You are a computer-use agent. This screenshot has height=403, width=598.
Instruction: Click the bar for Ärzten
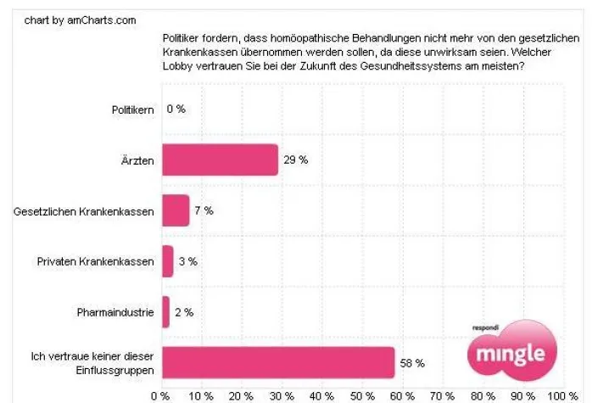(x=220, y=160)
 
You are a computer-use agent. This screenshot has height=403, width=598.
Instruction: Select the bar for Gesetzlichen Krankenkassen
(x=176, y=210)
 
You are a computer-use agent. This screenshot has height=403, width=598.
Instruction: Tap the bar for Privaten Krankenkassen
(x=167, y=261)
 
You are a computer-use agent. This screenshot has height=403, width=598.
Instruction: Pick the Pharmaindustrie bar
(x=165, y=311)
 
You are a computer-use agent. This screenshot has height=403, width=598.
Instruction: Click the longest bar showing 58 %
(x=277, y=362)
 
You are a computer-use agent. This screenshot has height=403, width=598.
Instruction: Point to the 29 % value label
(x=294, y=160)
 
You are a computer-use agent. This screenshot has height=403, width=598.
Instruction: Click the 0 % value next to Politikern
(x=176, y=109)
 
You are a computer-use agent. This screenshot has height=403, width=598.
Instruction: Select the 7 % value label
(x=204, y=210)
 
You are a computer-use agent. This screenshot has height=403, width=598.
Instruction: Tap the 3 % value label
(x=187, y=261)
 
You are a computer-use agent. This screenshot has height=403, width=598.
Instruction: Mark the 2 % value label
(x=183, y=312)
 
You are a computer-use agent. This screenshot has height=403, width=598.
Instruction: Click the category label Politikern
(x=133, y=109)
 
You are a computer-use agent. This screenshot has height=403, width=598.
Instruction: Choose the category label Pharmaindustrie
(x=115, y=312)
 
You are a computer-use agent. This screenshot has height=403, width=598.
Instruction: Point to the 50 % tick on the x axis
(x=362, y=395)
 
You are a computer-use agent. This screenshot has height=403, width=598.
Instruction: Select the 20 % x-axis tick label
(x=241, y=395)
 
